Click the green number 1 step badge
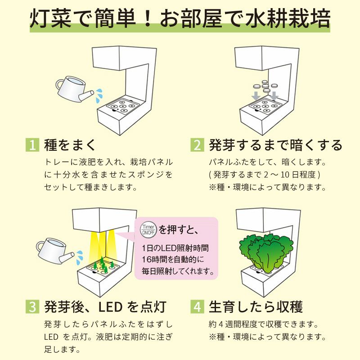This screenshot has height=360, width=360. [x=32, y=145]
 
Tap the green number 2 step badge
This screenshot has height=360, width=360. [x=197, y=145]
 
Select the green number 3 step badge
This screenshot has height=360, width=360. [x=32, y=306]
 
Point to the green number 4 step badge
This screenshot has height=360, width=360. [x=197, y=306]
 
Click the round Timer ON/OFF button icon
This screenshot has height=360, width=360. [x=148, y=229]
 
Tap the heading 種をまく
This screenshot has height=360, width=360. [x=70, y=145]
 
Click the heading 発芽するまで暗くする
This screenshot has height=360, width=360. [x=275, y=145]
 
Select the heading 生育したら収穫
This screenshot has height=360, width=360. [x=256, y=306]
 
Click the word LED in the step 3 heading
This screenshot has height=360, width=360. [x=110, y=307]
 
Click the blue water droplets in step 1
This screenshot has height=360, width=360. [x=99, y=95]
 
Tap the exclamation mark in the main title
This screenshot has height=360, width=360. [x=148, y=18]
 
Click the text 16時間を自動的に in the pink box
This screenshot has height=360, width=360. [x=173, y=260]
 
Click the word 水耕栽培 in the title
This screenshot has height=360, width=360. [x=288, y=18]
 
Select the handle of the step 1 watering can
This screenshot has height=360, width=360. [x=59, y=85]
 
